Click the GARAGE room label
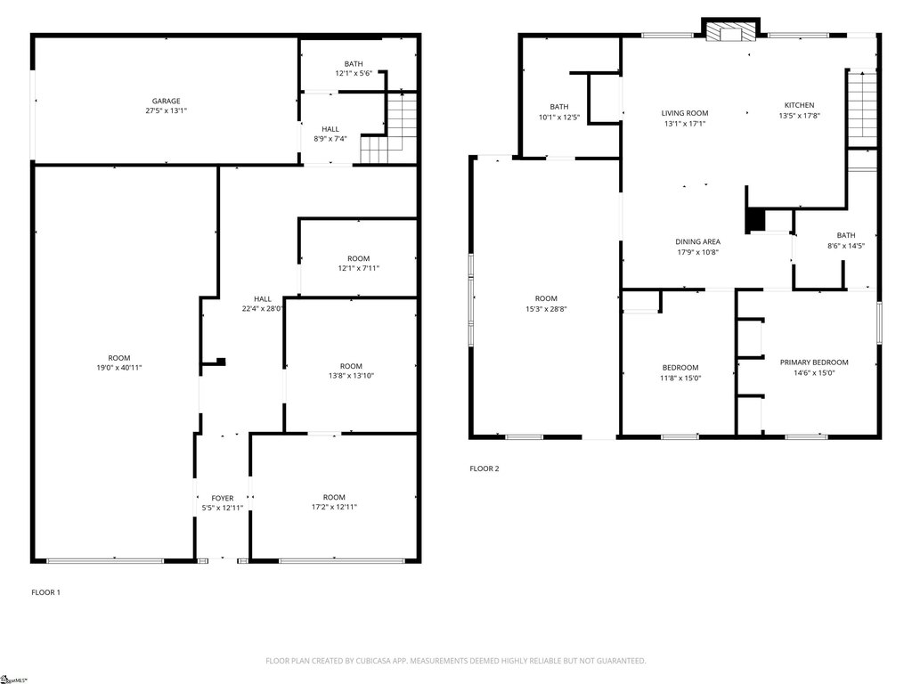[167, 101]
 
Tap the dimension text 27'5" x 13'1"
[167, 110]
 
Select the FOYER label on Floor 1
[222, 498]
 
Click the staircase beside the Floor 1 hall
[389, 128]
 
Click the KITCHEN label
[799, 105]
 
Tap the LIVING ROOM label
[685, 113]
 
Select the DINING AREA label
[697, 242]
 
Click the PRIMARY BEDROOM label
[814, 362]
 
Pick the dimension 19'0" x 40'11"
[119, 368]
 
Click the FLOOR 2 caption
[484, 468]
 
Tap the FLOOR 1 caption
[46, 592]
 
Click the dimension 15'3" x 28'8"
[546, 309]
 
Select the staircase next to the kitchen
[862, 110]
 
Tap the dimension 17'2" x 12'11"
[334, 507]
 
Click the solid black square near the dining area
[754, 220]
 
